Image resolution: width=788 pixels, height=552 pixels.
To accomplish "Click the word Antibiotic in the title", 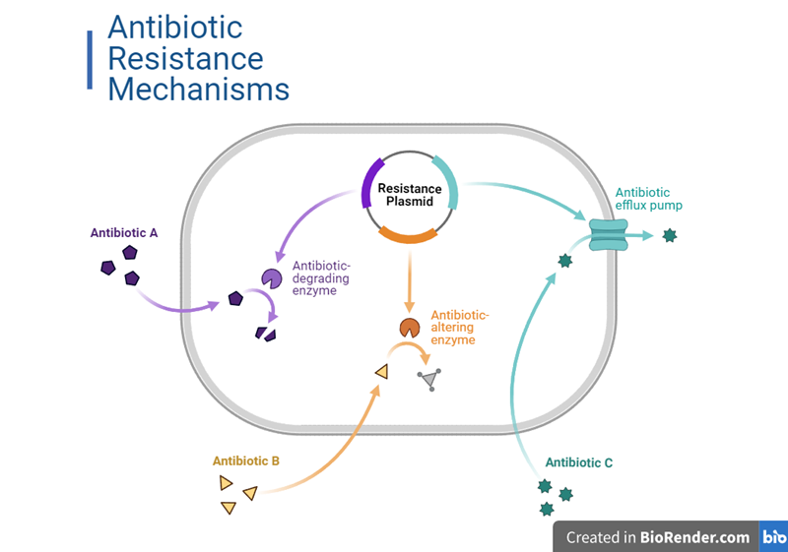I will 174,27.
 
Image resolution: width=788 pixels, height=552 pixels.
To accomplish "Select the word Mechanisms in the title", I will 198,90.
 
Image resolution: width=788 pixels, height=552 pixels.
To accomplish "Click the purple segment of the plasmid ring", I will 368,184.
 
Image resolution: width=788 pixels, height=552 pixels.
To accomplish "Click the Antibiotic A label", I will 124,233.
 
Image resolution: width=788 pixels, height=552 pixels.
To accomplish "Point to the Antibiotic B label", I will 246,460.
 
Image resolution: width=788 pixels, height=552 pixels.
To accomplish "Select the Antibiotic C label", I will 579,461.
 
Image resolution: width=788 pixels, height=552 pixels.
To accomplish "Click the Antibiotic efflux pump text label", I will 648,199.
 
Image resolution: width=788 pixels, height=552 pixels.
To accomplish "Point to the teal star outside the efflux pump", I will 670,235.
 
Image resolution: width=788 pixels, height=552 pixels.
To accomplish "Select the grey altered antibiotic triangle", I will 430,380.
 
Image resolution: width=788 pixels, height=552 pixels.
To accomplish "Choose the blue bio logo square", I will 774,537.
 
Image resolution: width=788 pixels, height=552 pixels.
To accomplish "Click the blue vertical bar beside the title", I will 91,59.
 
